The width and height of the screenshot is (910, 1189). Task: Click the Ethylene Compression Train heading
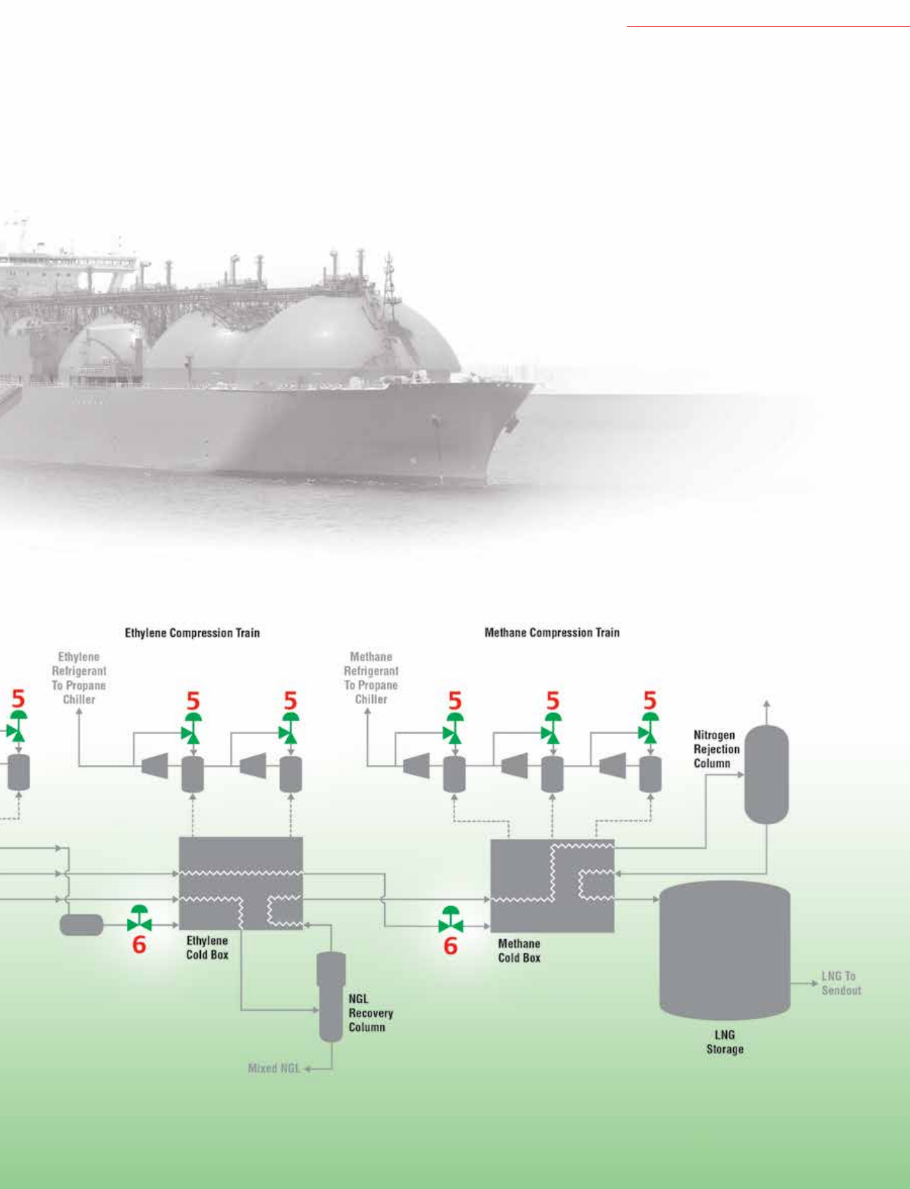point(192,633)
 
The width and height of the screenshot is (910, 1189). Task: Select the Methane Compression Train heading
point(552,633)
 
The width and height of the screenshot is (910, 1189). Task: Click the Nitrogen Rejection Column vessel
point(766,774)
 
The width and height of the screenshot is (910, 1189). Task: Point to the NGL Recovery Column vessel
point(331,997)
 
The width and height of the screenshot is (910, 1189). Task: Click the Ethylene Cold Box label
point(207,948)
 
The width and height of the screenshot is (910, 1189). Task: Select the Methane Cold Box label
point(519,951)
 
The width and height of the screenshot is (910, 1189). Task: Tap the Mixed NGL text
point(274,1068)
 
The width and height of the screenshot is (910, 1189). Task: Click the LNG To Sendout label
point(840,983)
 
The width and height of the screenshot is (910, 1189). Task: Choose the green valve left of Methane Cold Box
point(450,920)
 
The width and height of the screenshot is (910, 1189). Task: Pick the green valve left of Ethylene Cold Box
point(139,919)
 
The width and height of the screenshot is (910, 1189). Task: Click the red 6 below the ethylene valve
point(139,945)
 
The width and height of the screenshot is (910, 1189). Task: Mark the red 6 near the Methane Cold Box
point(450,946)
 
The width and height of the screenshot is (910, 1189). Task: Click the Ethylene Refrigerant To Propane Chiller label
point(79,678)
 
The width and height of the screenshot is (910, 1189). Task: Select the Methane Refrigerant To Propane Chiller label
point(371,678)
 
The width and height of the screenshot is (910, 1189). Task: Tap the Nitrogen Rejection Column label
point(716,750)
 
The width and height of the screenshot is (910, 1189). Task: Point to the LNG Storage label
point(725,1042)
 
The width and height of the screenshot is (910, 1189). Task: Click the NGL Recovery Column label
point(370,1013)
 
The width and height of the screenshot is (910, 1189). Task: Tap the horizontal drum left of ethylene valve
point(81,925)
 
